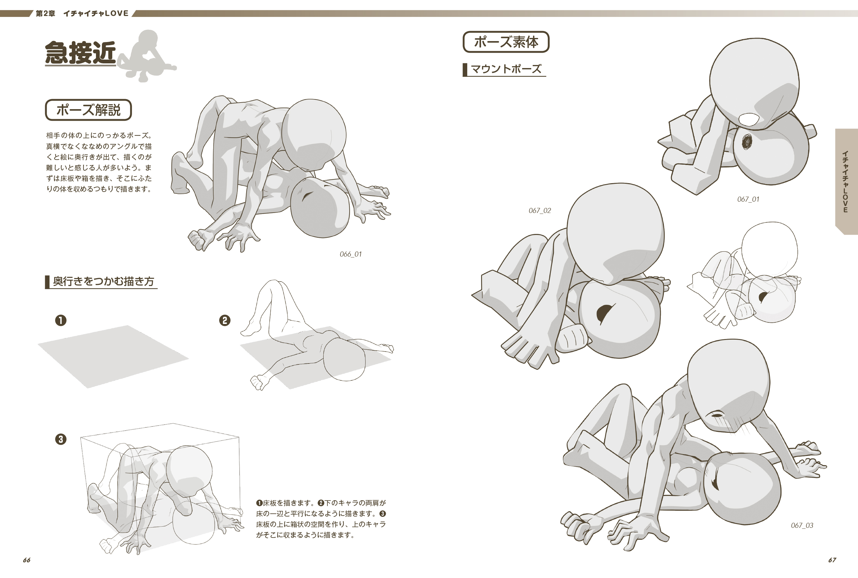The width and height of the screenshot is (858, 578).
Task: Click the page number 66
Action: point(27,560)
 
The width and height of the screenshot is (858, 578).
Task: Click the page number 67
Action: point(832,560)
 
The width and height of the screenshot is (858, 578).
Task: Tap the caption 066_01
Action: point(351,254)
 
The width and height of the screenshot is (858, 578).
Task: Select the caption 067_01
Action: point(748,199)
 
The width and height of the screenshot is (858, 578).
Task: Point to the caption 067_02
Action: point(540,210)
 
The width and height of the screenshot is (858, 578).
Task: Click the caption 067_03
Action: point(802,525)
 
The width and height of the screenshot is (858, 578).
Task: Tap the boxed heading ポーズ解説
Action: point(88,110)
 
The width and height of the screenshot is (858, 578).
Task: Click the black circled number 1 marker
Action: point(61,320)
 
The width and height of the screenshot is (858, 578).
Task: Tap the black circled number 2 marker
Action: point(225,320)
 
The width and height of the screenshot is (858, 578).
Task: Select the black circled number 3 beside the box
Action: point(61,439)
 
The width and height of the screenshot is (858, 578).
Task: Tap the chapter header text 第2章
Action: point(45,13)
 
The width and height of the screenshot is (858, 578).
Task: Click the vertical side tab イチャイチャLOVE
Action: point(846,181)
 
